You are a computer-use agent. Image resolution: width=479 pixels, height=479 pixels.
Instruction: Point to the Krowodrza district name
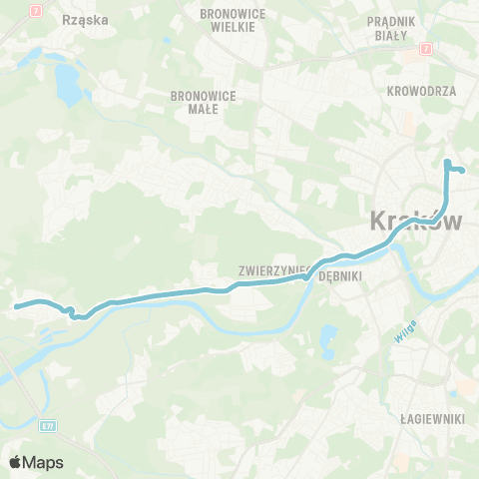coord(420,90)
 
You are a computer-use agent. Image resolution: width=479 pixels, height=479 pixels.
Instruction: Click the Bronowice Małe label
coord(202,103)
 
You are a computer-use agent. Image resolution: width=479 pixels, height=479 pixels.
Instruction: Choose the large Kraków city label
coord(416,221)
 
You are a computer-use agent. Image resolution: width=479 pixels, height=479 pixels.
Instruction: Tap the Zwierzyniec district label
coord(271,269)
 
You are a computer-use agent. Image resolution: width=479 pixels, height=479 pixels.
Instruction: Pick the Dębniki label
coord(337,279)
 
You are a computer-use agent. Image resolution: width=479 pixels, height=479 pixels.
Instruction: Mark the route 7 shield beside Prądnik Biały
coord(425,47)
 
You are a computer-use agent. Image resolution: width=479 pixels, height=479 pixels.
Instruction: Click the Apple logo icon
coord(16,462)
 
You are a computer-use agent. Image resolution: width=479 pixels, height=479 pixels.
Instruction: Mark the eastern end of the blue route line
coord(464,171)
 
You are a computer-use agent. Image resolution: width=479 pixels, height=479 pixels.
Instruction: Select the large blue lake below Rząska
coord(68,85)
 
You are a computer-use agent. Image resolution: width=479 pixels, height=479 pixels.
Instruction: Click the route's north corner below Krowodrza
coord(446,162)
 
